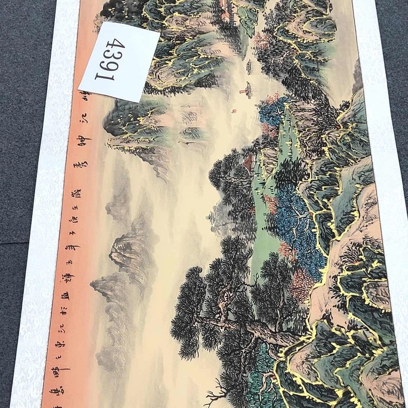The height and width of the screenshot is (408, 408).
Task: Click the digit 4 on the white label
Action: point(116,45)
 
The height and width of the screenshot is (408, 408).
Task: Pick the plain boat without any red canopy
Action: point(249,67)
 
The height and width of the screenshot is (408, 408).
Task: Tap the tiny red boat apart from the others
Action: point(233,111)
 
